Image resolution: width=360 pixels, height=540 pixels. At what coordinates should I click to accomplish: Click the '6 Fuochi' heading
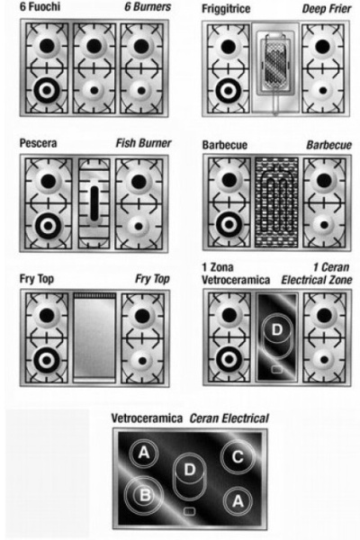point(40,6)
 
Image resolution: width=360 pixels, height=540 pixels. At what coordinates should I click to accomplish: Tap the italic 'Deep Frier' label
point(327,9)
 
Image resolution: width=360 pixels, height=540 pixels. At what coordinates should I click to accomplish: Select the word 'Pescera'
point(38,143)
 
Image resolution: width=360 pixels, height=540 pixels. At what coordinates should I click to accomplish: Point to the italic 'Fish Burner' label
point(143,143)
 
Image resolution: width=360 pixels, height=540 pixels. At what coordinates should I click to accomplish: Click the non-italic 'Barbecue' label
point(225,145)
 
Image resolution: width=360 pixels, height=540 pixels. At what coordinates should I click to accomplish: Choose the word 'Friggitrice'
point(226,9)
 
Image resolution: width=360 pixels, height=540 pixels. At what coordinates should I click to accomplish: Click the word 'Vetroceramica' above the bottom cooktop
point(147,418)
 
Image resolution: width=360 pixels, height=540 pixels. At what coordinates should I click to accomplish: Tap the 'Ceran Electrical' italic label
point(229,418)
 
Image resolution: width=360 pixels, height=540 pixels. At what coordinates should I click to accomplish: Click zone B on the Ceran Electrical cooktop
point(144,495)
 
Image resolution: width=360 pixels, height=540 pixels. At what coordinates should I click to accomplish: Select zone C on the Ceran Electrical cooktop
point(238,457)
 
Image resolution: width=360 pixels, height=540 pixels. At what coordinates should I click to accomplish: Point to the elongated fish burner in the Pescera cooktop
point(94,203)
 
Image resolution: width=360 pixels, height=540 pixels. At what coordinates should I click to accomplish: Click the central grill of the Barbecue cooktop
point(276,202)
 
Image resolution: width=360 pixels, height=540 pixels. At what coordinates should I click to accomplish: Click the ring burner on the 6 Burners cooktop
point(47,90)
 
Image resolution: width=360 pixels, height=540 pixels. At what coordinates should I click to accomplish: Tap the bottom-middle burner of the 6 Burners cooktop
point(94,91)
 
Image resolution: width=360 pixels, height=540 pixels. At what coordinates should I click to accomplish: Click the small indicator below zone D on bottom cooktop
point(189,511)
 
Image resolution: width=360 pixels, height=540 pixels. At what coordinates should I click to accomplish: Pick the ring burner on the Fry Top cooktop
point(47,360)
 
